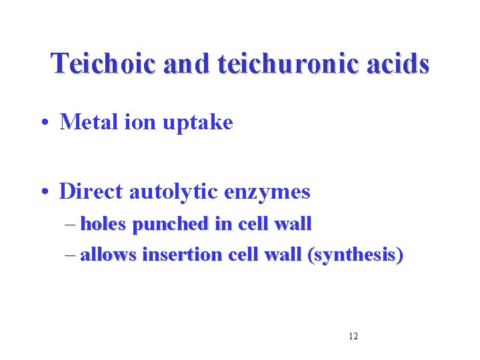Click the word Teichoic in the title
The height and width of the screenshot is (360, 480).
[103, 63]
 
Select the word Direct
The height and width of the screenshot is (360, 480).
[91, 192]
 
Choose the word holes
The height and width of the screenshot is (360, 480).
[104, 224]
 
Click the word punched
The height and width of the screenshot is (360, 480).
[170, 225]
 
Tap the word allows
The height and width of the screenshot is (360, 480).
[106, 255]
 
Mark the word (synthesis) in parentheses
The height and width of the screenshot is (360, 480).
[354, 255]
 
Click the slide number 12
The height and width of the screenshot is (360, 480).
[353, 336]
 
